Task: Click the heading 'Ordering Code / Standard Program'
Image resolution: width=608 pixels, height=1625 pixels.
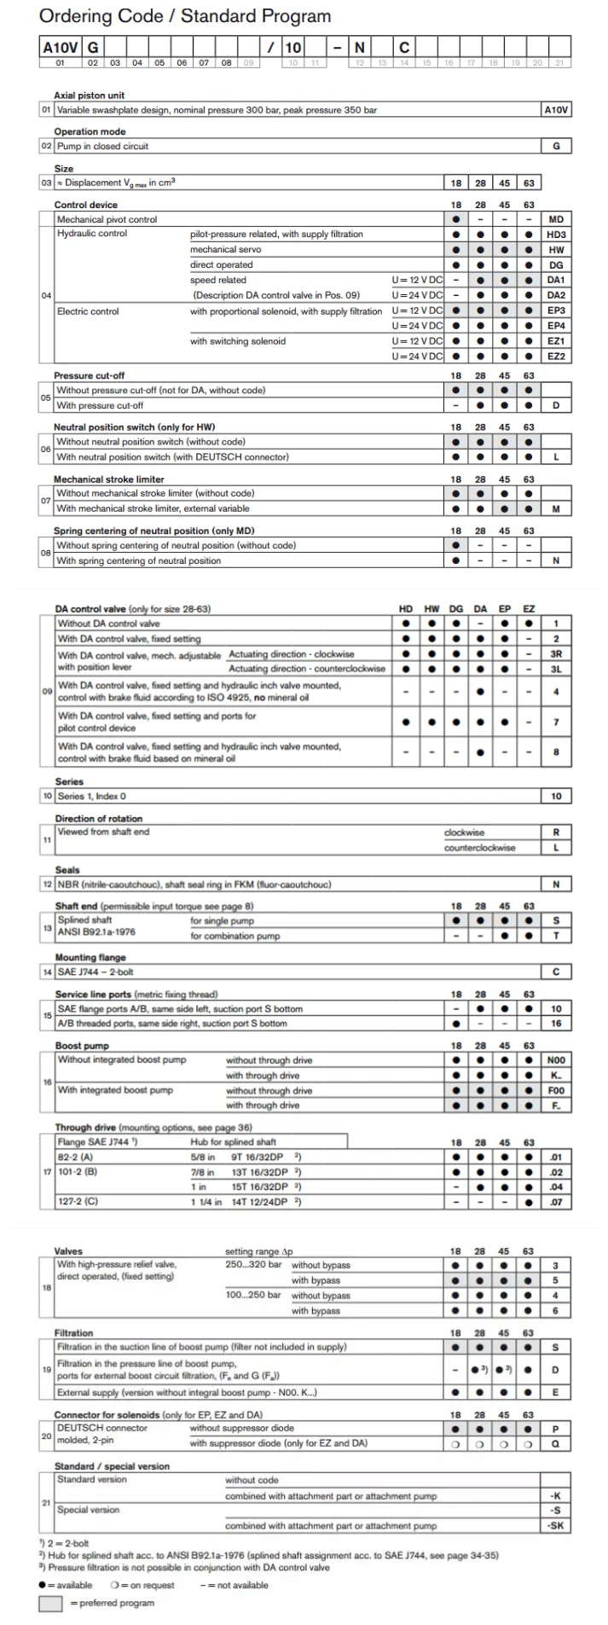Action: tap(184, 16)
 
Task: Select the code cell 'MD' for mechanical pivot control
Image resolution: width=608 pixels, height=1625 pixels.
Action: tap(556, 219)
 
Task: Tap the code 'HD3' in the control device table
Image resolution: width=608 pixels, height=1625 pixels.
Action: tap(556, 235)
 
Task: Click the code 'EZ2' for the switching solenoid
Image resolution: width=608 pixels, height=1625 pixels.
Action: tap(556, 357)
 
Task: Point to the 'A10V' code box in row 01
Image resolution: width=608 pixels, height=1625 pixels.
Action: tap(556, 110)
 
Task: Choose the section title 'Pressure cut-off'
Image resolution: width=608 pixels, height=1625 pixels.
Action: tap(89, 375)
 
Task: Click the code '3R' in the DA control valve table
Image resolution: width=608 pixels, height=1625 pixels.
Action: tap(556, 654)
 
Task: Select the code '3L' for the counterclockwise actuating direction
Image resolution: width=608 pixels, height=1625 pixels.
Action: tap(556, 669)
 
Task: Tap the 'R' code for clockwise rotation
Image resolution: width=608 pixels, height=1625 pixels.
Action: tap(556, 833)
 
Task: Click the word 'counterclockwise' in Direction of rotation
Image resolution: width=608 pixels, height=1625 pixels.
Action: tap(479, 848)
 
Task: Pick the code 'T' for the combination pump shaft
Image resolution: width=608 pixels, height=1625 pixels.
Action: tap(556, 936)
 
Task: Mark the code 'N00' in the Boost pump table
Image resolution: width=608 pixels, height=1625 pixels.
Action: tap(556, 1060)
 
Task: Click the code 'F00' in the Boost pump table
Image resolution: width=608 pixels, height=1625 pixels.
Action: tap(556, 1090)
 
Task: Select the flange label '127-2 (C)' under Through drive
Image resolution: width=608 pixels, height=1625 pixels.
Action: tap(77, 1202)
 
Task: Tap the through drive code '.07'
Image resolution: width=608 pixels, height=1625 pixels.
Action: tap(556, 1202)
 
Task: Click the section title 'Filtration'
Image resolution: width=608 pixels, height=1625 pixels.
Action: tap(73, 1332)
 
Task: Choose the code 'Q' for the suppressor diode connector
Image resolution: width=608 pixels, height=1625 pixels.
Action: tap(556, 1443)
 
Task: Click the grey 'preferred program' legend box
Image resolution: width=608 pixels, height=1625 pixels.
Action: tap(52, 1603)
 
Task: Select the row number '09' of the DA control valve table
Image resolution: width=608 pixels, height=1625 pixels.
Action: tap(47, 692)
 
